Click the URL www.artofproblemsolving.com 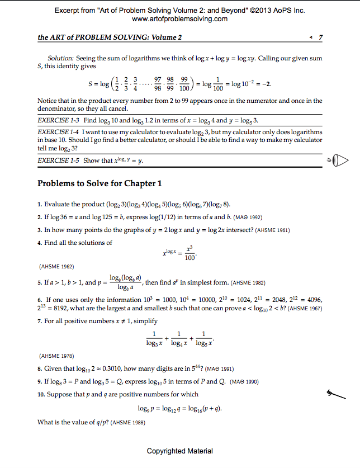180,19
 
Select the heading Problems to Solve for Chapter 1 100,183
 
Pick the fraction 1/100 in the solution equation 218,84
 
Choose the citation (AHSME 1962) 56,266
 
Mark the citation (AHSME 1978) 56,355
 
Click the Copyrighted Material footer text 180,451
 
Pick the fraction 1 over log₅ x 203,338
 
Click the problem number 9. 40,382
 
